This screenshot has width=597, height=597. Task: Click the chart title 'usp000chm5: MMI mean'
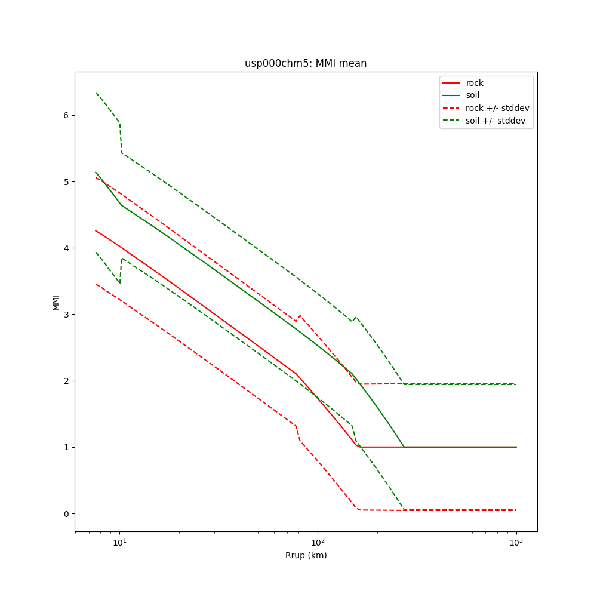tap(306, 63)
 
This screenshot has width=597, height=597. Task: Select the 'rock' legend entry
tap(475, 83)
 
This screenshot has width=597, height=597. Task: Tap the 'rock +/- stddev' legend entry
tap(497, 108)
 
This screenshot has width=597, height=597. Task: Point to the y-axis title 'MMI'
tap(56, 301)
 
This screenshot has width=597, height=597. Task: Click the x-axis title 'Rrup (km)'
tap(306, 555)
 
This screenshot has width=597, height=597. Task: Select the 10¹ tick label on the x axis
tap(120, 541)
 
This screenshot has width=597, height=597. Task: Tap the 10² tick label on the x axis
tap(318, 541)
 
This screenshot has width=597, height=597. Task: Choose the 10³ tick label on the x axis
tap(516, 541)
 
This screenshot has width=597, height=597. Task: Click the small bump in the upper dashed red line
tap(299, 316)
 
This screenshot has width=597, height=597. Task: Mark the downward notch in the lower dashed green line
tap(119, 282)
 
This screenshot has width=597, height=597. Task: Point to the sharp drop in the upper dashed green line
tap(121, 137)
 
